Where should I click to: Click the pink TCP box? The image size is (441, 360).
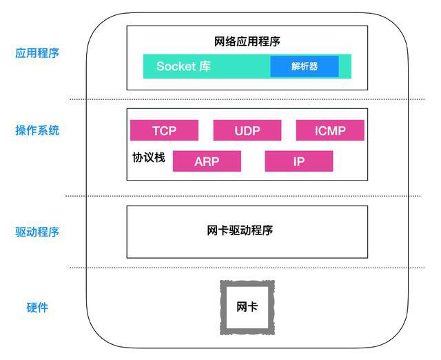click(x=164, y=130)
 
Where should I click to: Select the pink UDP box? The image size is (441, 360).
click(x=247, y=130)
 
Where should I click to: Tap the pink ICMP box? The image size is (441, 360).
click(x=330, y=130)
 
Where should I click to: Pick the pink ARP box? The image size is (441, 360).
click(x=207, y=161)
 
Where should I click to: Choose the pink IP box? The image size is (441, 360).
click(x=299, y=161)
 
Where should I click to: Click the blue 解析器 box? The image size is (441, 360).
click(x=305, y=66)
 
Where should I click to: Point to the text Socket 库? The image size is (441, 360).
click(x=183, y=66)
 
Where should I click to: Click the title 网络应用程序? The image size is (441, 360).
click(x=247, y=41)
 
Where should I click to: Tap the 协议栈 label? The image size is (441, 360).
click(x=149, y=157)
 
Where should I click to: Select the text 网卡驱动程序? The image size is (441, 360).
click(x=240, y=230)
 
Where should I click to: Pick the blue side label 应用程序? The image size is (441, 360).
click(x=37, y=53)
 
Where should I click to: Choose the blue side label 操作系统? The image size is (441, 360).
click(x=37, y=130)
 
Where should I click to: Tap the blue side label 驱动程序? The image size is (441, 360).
click(x=37, y=232)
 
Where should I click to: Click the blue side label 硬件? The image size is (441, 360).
click(x=37, y=308)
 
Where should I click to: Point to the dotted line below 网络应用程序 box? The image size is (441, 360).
click(x=247, y=99)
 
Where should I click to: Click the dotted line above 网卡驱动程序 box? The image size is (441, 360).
click(x=243, y=196)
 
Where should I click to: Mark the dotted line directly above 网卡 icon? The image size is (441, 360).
click(x=247, y=268)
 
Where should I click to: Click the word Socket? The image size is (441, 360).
click(x=176, y=66)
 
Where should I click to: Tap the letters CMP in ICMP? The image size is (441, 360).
click(x=332, y=130)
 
